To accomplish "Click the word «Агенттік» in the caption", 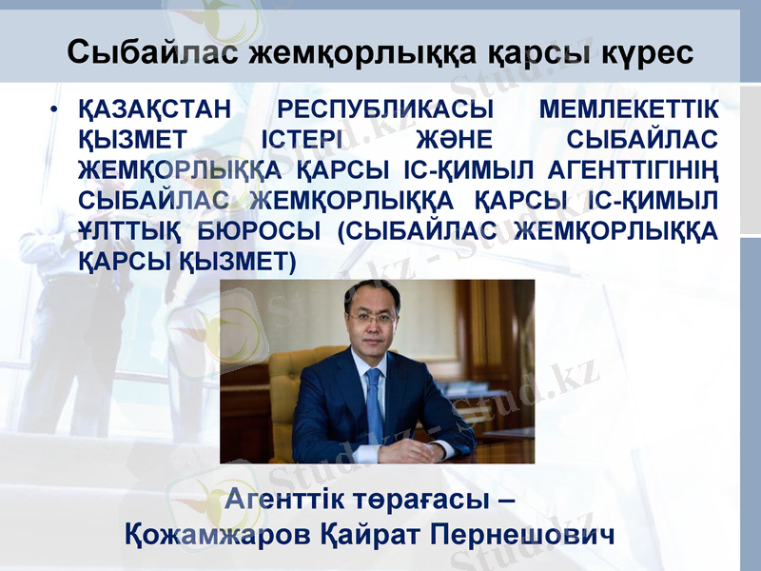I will point(290,499).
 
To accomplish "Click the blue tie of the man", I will point(374,400).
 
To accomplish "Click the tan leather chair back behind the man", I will point(288,381).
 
